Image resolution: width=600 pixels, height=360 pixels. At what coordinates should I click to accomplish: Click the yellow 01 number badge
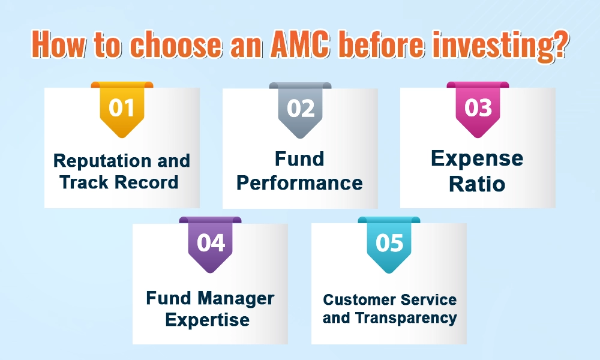pos(122,110)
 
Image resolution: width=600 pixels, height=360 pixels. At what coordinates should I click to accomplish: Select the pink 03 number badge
pos(478,110)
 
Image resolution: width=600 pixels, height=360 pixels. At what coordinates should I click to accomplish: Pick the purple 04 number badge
pos(211,245)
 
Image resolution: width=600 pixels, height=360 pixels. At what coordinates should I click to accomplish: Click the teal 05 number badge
pos(389,245)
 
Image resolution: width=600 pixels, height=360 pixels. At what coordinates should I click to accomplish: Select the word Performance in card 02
pos(299,182)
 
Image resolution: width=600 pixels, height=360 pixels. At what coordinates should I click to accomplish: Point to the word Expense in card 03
pos(477,159)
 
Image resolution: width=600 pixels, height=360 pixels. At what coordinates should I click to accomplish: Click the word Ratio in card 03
pos(477,184)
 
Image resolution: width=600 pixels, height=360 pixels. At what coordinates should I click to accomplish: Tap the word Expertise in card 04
pos(208,320)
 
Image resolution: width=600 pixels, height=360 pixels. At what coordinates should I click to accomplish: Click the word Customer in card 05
pos(354,299)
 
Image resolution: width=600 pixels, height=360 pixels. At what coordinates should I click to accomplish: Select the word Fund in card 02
pos(299,159)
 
